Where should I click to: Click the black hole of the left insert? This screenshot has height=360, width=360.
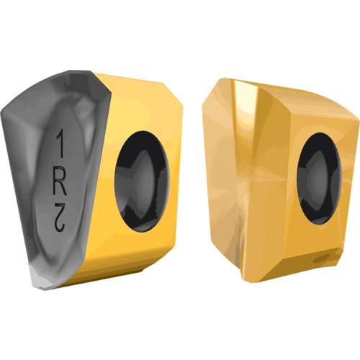pyautogui.click(x=142, y=181)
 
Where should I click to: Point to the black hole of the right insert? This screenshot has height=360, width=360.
pyautogui.click(x=319, y=179)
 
